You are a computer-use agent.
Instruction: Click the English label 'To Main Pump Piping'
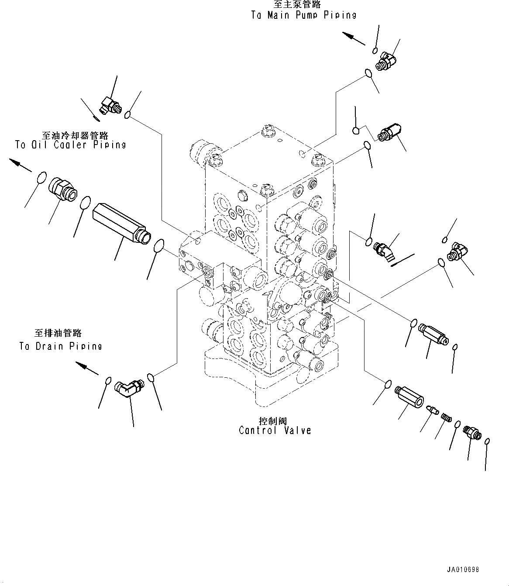tap(304, 15)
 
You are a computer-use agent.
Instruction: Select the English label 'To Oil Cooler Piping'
tap(70, 145)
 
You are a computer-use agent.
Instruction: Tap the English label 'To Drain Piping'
tap(61, 346)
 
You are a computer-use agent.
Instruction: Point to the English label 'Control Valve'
tap(275, 431)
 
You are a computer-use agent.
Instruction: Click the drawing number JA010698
tap(463, 570)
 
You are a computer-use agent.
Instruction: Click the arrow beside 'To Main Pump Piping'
tap(353, 38)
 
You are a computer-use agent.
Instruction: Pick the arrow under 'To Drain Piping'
tap(87, 369)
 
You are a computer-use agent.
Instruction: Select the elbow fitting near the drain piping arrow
tap(127, 387)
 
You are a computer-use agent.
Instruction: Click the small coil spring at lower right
tap(445, 417)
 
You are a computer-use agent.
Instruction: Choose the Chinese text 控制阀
tap(273, 421)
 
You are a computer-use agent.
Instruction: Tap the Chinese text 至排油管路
tap(58, 333)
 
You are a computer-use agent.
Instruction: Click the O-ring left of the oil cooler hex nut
tap(40, 178)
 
